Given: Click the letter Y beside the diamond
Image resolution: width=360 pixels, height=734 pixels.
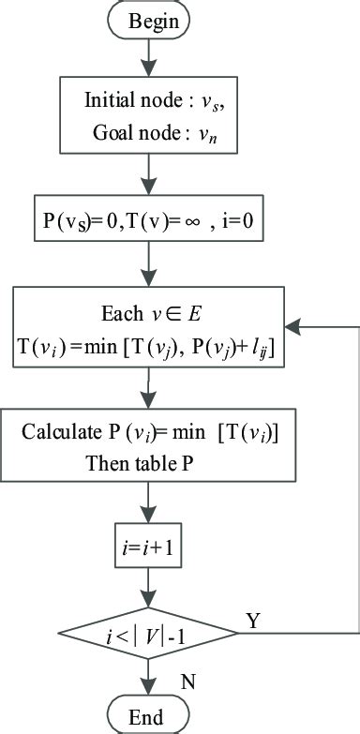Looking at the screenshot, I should (251, 620).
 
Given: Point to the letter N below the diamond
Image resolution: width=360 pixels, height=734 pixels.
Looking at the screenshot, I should (187, 682).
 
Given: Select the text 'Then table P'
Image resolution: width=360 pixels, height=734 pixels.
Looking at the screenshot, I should (130, 462).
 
